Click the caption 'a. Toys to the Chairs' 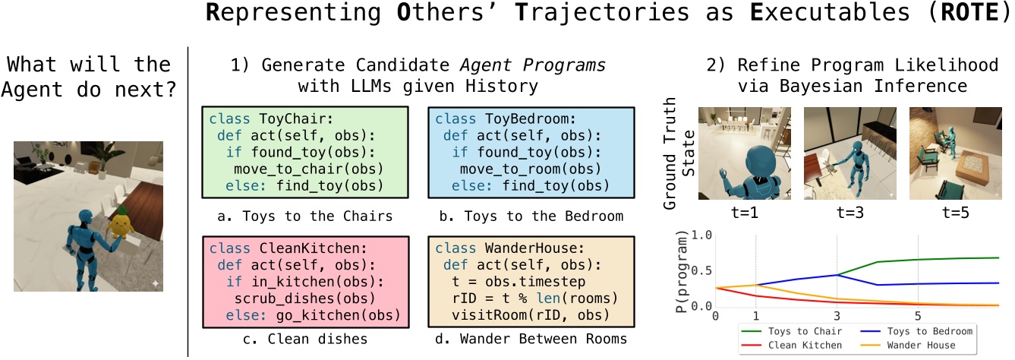(304, 216)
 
